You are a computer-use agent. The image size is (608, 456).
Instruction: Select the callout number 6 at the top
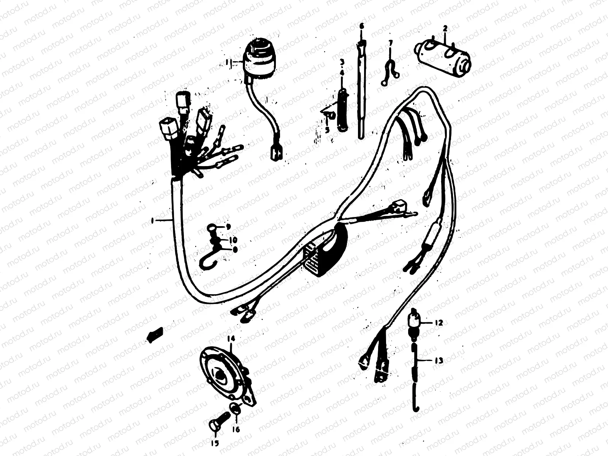pyautogui.click(x=361, y=26)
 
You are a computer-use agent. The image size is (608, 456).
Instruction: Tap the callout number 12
pyautogui.click(x=439, y=323)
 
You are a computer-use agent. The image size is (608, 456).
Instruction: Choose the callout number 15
pyautogui.click(x=215, y=443)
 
